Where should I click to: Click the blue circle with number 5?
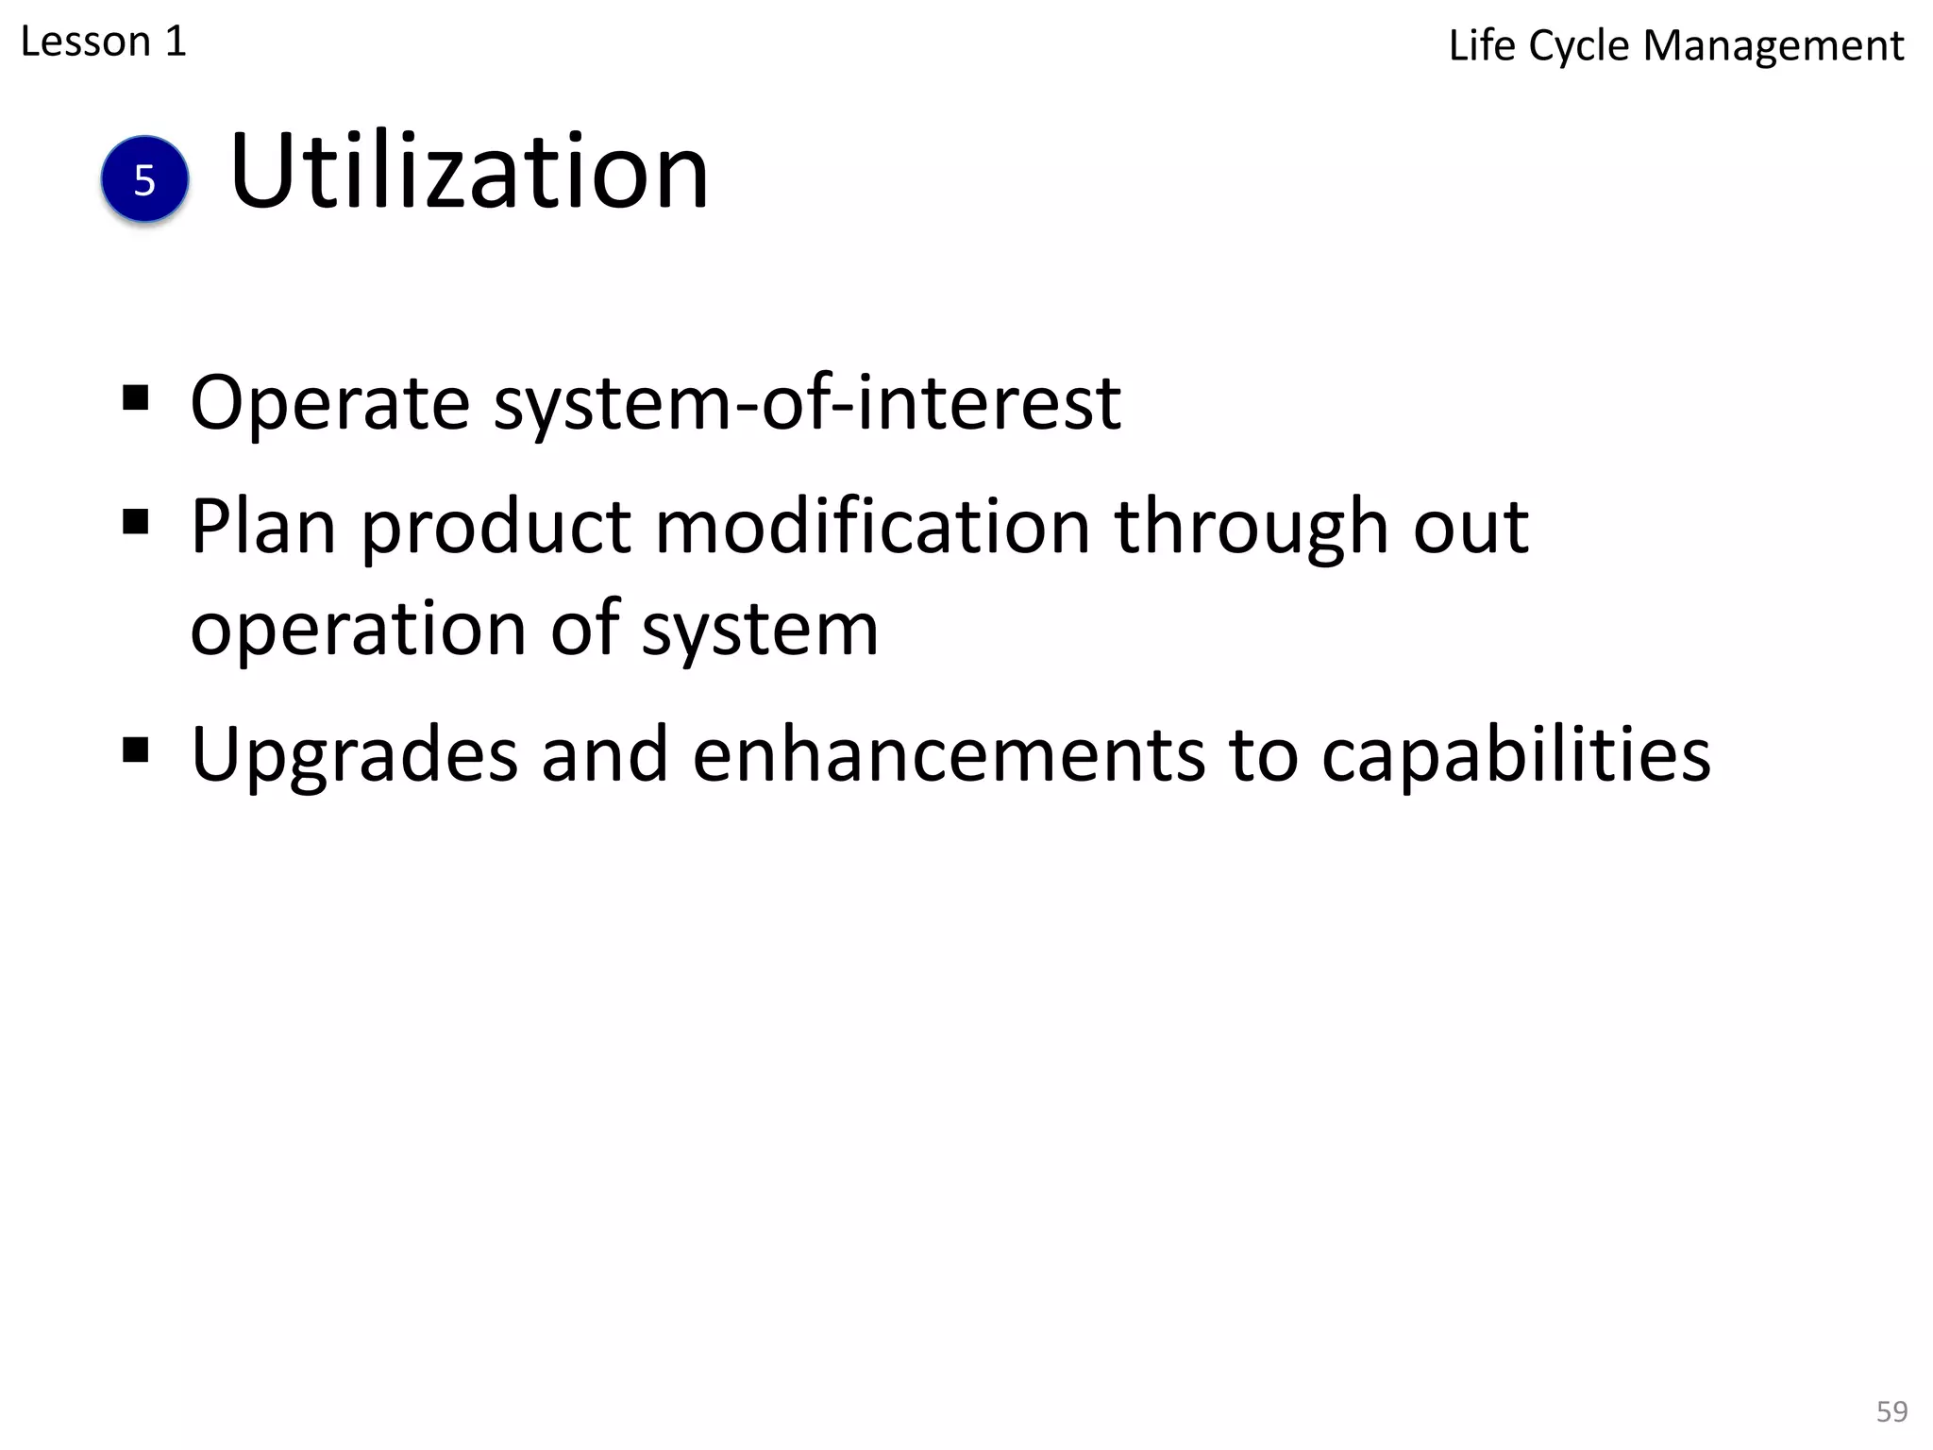pos(144,179)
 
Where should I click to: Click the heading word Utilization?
pos(468,173)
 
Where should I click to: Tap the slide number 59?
pos(1891,1411)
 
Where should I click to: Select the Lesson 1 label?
pos(104,42)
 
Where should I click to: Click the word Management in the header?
pos(1773,46)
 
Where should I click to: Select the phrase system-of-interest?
pos(807,404)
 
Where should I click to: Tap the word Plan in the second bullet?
pos(263,527)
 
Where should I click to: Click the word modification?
pos(873,527)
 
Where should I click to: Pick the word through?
pos(1252,527)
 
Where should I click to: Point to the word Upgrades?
pos(355,755)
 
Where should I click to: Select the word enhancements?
pos(949,755)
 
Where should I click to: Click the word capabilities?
pos(1516,755)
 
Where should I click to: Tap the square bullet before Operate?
pos(136,398)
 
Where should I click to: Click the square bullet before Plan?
pos(136,521)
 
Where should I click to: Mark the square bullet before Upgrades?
pos(136,750)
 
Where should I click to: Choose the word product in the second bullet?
pos(496,527)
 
